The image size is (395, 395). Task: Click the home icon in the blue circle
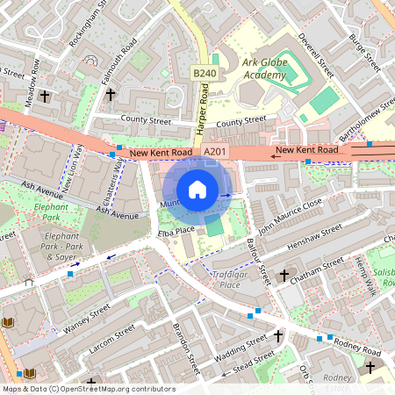coord(197,190)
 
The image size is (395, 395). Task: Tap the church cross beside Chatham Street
coord(284,276)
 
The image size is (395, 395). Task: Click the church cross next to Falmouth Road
coord(111,93)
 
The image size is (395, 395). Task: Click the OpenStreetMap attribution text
coord(88,388)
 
